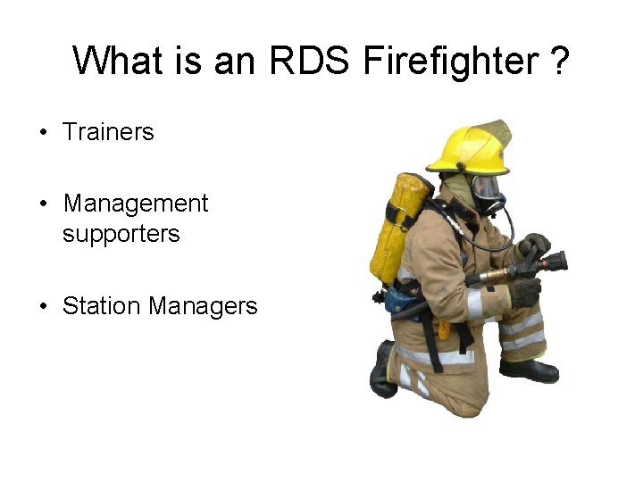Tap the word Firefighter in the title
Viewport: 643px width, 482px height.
pos(444,62)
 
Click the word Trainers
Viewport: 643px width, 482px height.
pos(108,132)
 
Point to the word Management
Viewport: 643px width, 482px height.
pos(136,204)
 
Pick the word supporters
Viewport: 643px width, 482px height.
pos(121,234)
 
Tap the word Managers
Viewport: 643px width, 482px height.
pos(204,306)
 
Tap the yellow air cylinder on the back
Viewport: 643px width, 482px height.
pos(397,228)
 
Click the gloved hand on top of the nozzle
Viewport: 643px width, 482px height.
pos(535,244)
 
